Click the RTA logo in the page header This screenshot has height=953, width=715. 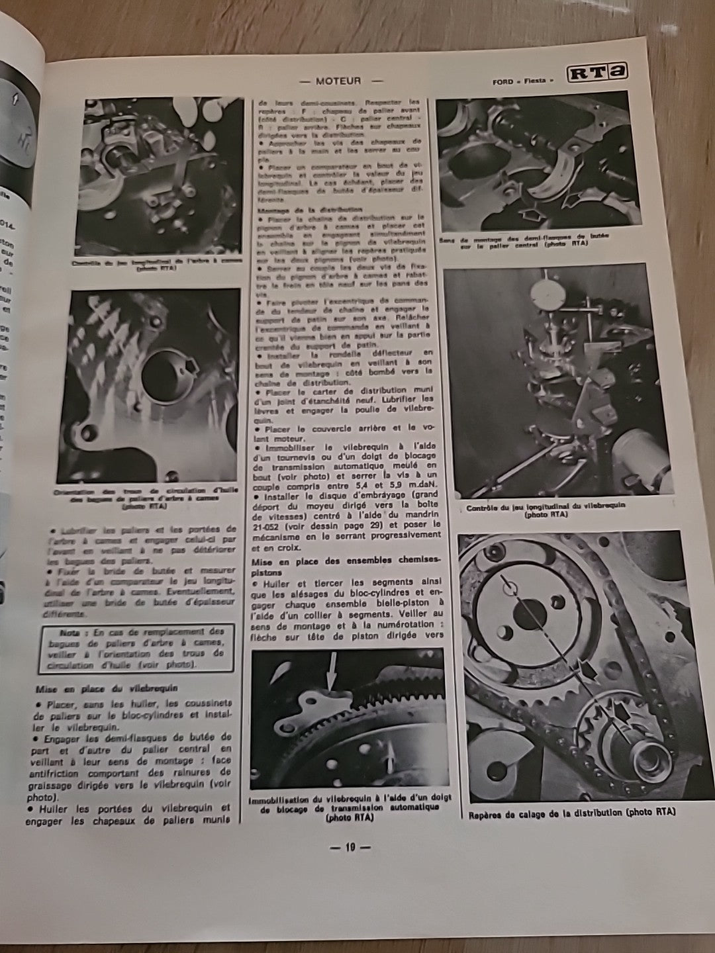pos(596,74)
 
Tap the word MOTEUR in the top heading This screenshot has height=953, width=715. pos(338,81)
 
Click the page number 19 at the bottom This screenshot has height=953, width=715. pos(350,846)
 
